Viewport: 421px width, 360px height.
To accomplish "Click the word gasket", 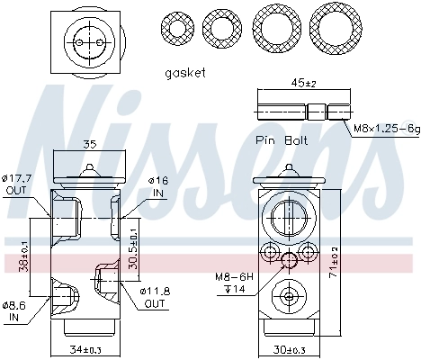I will pos(186,72).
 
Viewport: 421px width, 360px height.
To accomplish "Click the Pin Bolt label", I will pos(281,140).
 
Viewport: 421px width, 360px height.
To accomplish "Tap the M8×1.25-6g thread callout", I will pos(385,130).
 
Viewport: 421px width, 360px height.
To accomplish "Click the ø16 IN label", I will pos(159,186).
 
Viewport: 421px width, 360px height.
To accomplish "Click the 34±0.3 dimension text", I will pos(87,350).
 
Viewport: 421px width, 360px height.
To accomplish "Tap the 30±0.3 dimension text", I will pos(289,350).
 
